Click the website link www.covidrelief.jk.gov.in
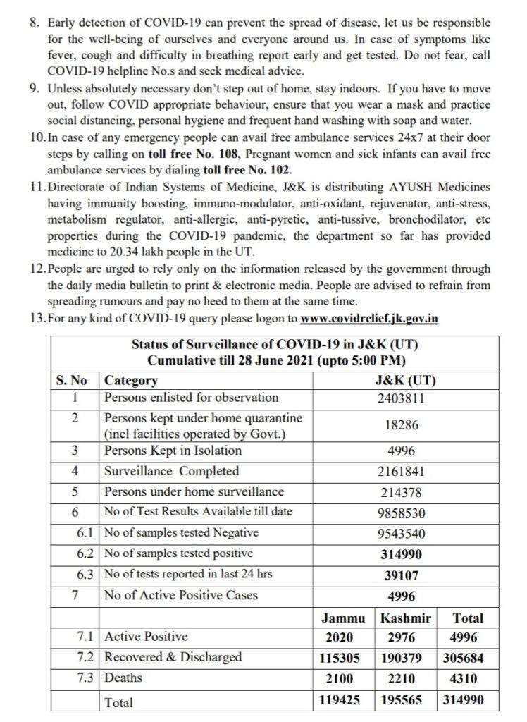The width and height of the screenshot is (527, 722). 369,318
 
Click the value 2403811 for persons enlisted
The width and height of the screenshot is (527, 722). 401,398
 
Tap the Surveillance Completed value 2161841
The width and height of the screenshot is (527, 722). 401,472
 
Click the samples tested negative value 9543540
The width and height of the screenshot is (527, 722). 401,534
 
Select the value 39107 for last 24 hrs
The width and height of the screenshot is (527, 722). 401,575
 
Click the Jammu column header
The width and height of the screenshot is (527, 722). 342,618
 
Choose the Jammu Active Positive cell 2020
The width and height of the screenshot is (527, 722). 342,637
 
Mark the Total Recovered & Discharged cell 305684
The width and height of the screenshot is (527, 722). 468,657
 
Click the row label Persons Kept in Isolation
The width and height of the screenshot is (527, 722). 173,451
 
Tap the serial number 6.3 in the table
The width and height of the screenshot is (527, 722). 85,575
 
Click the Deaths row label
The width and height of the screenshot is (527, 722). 123,678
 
